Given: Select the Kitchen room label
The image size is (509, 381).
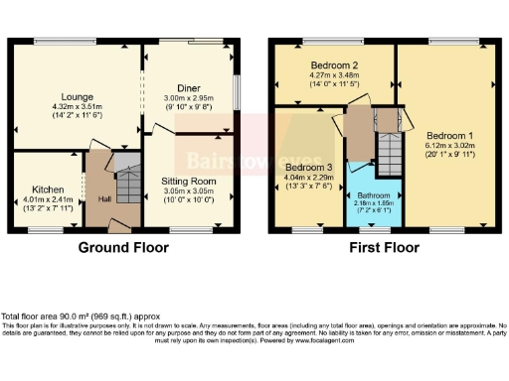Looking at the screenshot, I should click(47, 189).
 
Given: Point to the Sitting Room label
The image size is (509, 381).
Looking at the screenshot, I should click(188, 182).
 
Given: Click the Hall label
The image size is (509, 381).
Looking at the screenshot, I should click(104, 198).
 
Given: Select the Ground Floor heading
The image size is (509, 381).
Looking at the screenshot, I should click(123, 247).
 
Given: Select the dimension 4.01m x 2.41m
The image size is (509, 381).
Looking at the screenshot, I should click(47, 198).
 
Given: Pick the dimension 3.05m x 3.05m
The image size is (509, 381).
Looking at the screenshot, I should click(188, 191).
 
